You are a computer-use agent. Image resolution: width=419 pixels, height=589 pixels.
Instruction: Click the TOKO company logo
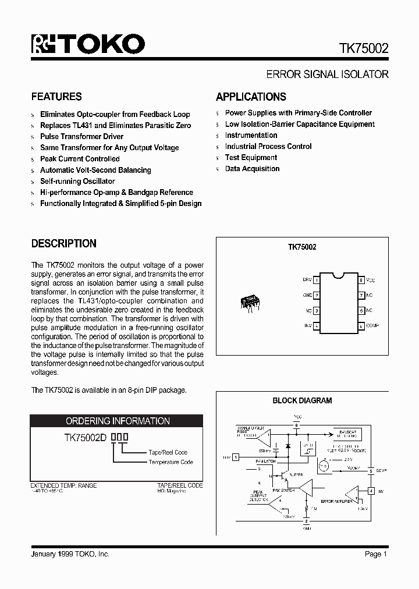(x=88, y=45)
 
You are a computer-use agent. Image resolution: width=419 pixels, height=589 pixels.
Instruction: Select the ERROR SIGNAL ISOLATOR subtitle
(x=327, y=74)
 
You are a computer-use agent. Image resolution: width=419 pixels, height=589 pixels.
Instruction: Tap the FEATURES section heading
(x=56, y=97)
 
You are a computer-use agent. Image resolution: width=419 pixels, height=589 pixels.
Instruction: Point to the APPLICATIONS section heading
(x=251, y=97)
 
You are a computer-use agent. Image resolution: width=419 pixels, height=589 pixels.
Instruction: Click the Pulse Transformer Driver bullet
(x=81, y=136)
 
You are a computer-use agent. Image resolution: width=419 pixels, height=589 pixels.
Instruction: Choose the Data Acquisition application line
(x=252, y=169)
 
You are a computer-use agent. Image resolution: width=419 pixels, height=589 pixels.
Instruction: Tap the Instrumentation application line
(x=251, y=135)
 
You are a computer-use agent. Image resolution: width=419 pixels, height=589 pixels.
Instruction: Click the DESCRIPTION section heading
(x=63, y=243)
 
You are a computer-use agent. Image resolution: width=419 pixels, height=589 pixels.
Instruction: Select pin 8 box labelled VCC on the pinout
(x=361, y=280)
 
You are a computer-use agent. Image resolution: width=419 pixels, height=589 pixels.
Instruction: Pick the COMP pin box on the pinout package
(x=361, y=325)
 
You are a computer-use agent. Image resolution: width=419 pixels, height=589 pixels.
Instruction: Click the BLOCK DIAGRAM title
(x=302, y=400)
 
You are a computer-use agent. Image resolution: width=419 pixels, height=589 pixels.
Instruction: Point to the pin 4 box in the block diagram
(x=371, y=491)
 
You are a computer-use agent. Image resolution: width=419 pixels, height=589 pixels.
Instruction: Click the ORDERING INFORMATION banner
(x=117, y=421)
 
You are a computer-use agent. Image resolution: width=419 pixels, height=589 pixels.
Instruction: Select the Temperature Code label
(x=171, y=462)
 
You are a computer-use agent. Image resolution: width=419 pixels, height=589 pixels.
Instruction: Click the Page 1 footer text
(x=376, y=554)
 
